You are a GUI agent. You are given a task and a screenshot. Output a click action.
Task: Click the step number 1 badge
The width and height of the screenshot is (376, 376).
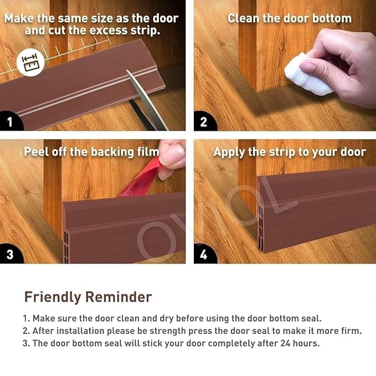click(x=10, y=121)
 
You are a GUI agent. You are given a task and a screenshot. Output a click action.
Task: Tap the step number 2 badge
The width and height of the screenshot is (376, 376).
click(x=204, y=121)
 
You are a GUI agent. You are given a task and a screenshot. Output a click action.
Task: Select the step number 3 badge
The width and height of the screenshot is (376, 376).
click(x=10, y=254)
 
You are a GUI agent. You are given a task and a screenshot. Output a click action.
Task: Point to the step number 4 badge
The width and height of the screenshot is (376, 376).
click(x=204, y=254)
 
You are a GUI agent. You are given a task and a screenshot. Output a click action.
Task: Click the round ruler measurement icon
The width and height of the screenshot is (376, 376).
click(x=30, y=63)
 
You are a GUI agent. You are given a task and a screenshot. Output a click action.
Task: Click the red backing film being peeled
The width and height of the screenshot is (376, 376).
click(x=141, y=179)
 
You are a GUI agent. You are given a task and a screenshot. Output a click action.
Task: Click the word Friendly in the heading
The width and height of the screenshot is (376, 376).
click(x=53, y=297)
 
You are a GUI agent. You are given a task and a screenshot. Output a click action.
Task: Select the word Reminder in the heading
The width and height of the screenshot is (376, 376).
click(x=119, y=297)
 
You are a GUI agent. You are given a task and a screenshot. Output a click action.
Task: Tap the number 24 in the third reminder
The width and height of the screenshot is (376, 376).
click(x=286, y=343)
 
